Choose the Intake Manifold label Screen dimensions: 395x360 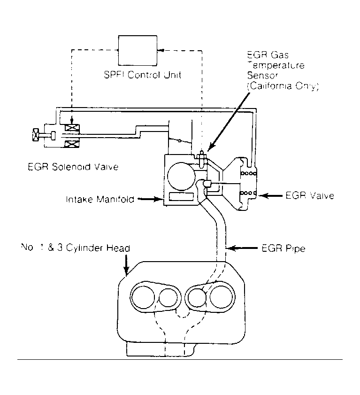pos(100,199)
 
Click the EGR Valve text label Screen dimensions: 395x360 pos(310,196)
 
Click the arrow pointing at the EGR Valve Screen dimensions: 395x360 pos(272,195)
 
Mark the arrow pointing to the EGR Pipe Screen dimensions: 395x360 pos(242,248)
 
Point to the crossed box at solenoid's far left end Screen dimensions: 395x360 pos(36,136)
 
